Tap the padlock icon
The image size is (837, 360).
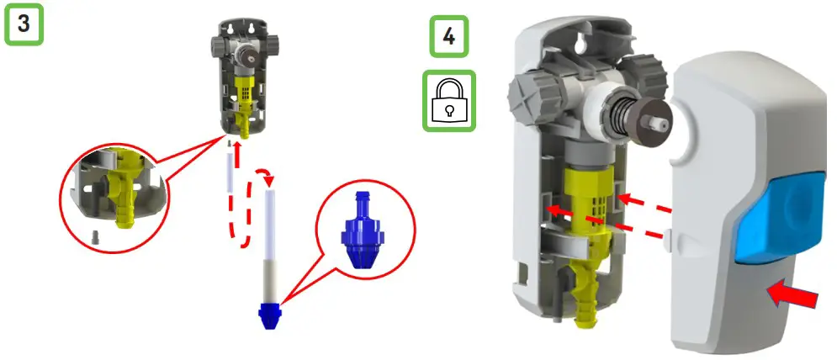pos(448,101)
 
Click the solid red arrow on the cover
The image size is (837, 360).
pos(794,296)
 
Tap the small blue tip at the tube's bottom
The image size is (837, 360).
pos(271,315)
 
